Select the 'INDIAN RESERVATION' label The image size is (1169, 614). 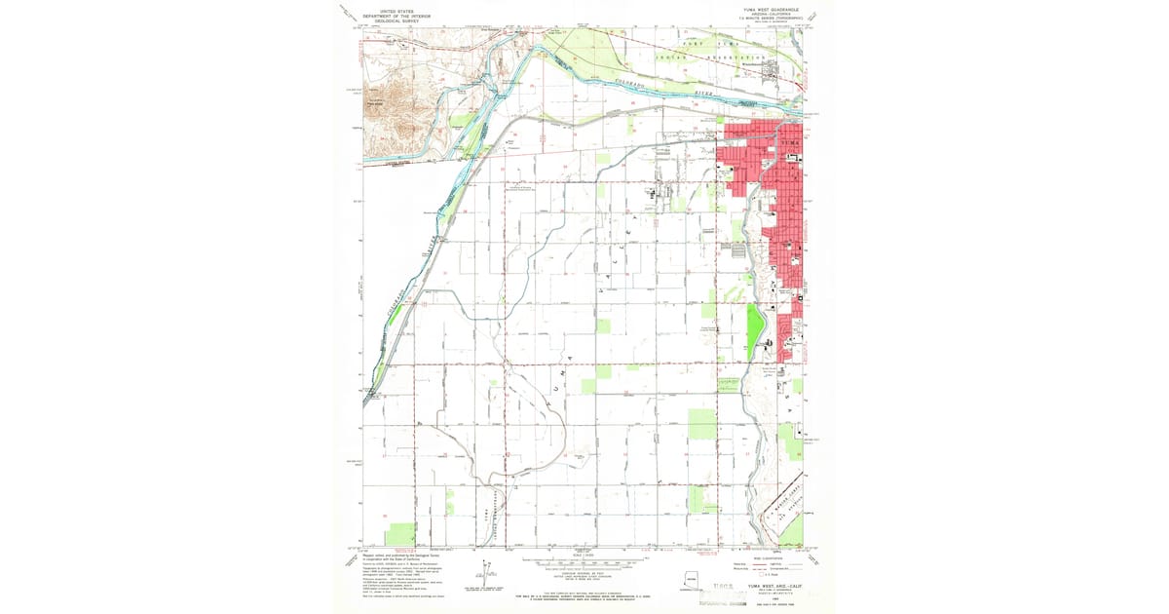click(721, 58)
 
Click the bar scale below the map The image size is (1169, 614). click(584, 563)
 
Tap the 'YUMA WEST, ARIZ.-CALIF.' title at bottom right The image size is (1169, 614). click(769, 586)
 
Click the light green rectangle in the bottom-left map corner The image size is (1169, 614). click(399, 534)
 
